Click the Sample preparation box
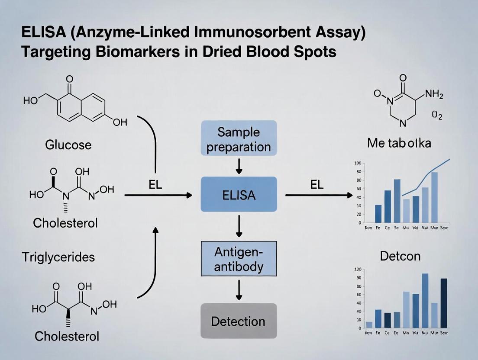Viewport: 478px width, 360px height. pyautogui.click(x=239, y=139)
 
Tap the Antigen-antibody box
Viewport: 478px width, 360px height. pyautogui.click(x=239, y=259)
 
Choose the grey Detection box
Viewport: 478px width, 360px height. pyautogui.click(x=239, y=321)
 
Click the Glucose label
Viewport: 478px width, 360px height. pyautogui.click(x=68, y=145)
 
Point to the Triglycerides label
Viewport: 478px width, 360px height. pyautogui.click(x=58, y=257)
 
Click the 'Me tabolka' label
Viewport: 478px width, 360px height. pyautogui.click(x=399, y=143)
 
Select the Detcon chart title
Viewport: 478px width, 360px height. pyautogui.click(x=400, y=256)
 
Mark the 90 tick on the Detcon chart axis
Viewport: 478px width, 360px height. pyautogui.click(x=358, y=278)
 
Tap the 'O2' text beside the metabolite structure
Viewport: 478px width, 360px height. pyautogui.click(x=437, y=116)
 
